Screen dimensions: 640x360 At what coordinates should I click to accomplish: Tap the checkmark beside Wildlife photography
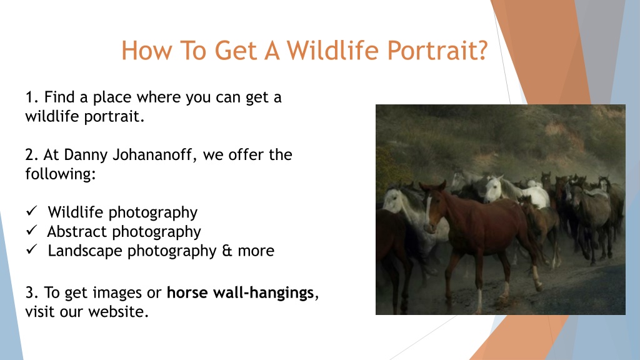tap(31, 211)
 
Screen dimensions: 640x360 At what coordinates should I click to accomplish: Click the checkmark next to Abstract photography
tap(31, 230)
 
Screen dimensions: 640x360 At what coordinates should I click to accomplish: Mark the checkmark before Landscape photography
tap(31, 249)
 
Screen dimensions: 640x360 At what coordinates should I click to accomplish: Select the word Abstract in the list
tap(77, 231)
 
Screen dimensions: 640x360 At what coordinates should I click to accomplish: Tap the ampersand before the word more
tap(227, 251)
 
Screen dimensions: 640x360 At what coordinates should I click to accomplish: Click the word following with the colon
tap(61, 174)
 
